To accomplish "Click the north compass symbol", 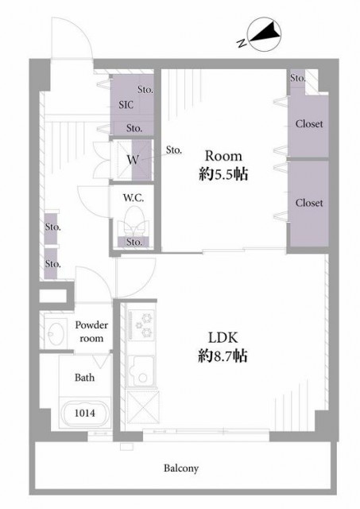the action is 264,34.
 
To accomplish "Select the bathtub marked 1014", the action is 85,413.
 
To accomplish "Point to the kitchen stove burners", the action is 141,324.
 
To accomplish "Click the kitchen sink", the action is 141,371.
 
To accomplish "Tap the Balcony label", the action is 180,468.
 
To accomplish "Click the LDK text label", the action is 223,337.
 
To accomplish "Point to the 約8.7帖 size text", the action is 223,356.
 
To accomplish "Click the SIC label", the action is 126,104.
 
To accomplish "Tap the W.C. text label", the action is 134,198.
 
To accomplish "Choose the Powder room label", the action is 91,332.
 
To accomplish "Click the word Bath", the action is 85,378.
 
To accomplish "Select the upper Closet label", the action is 309,124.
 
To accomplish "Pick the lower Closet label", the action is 309,203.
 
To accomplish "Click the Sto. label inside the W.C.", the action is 134,242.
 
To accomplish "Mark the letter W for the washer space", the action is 133,160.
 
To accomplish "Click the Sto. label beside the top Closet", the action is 297,78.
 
